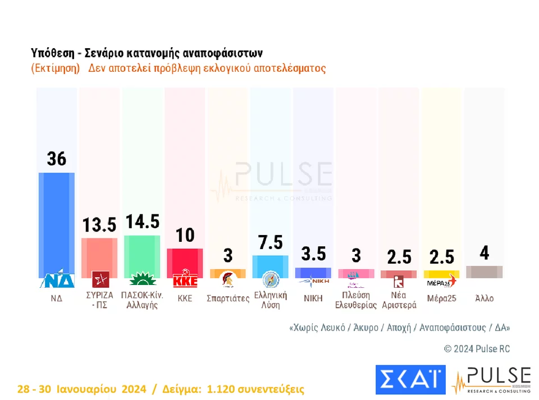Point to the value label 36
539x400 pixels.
click(x=56, y=159)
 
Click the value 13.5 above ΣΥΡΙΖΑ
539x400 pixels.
click(x=99, y=225)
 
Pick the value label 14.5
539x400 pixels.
click(x=142, y=222)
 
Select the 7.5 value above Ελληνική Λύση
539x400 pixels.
click(x=271, y=242)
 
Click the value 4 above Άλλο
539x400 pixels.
click(x=484, y=253)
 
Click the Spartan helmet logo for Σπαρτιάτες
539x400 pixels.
click(x=228, y=280)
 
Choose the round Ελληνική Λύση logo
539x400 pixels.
click(x=271, y=279)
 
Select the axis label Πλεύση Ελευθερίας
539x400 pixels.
click(x=355, y=301)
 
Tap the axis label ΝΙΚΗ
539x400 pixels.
click(x=313, y=298)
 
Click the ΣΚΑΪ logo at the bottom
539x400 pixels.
click(x=410, y=379)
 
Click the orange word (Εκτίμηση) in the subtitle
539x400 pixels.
click(x=55, y=68)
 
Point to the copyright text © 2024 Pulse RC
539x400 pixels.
click(x=477, y=349)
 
